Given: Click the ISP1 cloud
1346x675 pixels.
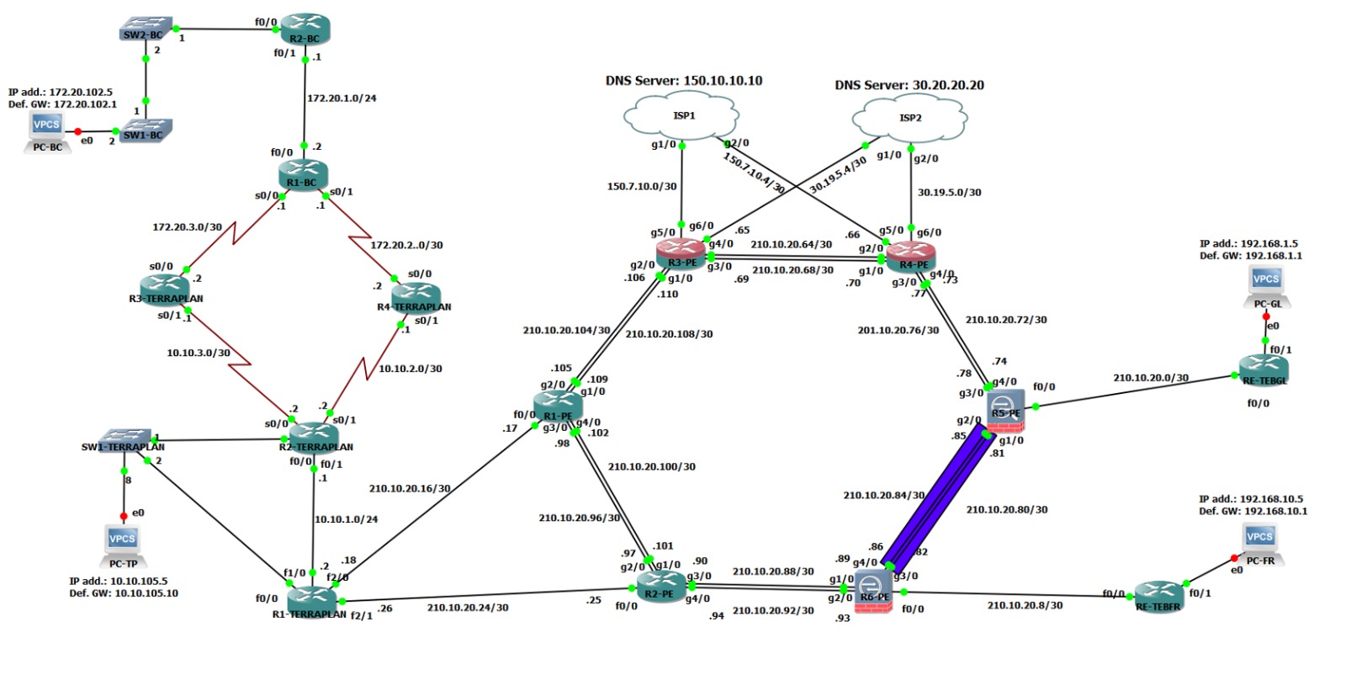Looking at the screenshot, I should [682, 117].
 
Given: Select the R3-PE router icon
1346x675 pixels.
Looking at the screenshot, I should [681, 252].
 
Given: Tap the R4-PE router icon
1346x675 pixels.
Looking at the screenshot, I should [911, 255].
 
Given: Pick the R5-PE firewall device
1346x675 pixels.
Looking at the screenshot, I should [1005, 409].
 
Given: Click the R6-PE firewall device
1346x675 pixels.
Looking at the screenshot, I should [872, 589].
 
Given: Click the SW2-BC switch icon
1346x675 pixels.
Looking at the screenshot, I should [146, 29].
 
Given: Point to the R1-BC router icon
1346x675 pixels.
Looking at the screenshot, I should [302, 173].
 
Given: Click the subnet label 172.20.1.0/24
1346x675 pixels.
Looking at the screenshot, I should [342, 98].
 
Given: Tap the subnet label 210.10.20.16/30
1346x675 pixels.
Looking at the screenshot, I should [409, 488].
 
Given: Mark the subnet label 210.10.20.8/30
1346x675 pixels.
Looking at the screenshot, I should [1025, 605].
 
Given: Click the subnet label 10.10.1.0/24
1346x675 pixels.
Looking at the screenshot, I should [346, 519].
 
